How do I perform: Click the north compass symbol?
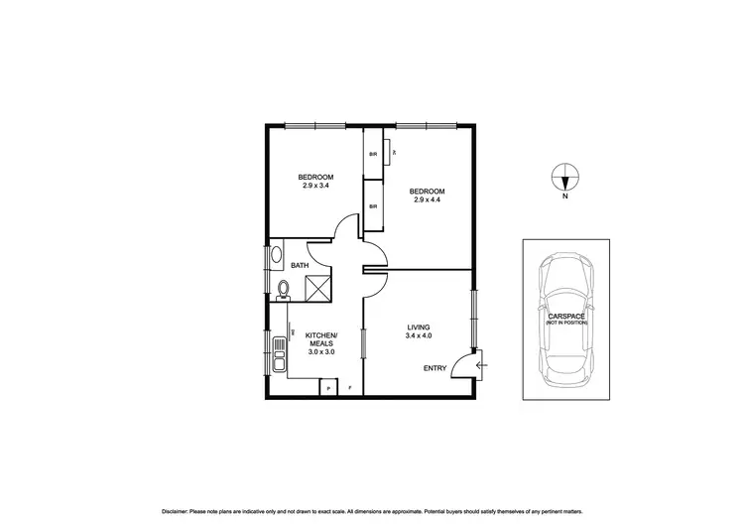[564, 178]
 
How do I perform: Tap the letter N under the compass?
[564, 197]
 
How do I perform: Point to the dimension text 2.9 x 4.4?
[427, 199]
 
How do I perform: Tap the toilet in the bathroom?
[283, 290]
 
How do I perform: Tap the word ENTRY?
[435, 368]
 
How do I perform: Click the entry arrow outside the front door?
[482, 366]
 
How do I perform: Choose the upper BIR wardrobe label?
[373, 154]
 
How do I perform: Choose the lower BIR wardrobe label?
[373, 205]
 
